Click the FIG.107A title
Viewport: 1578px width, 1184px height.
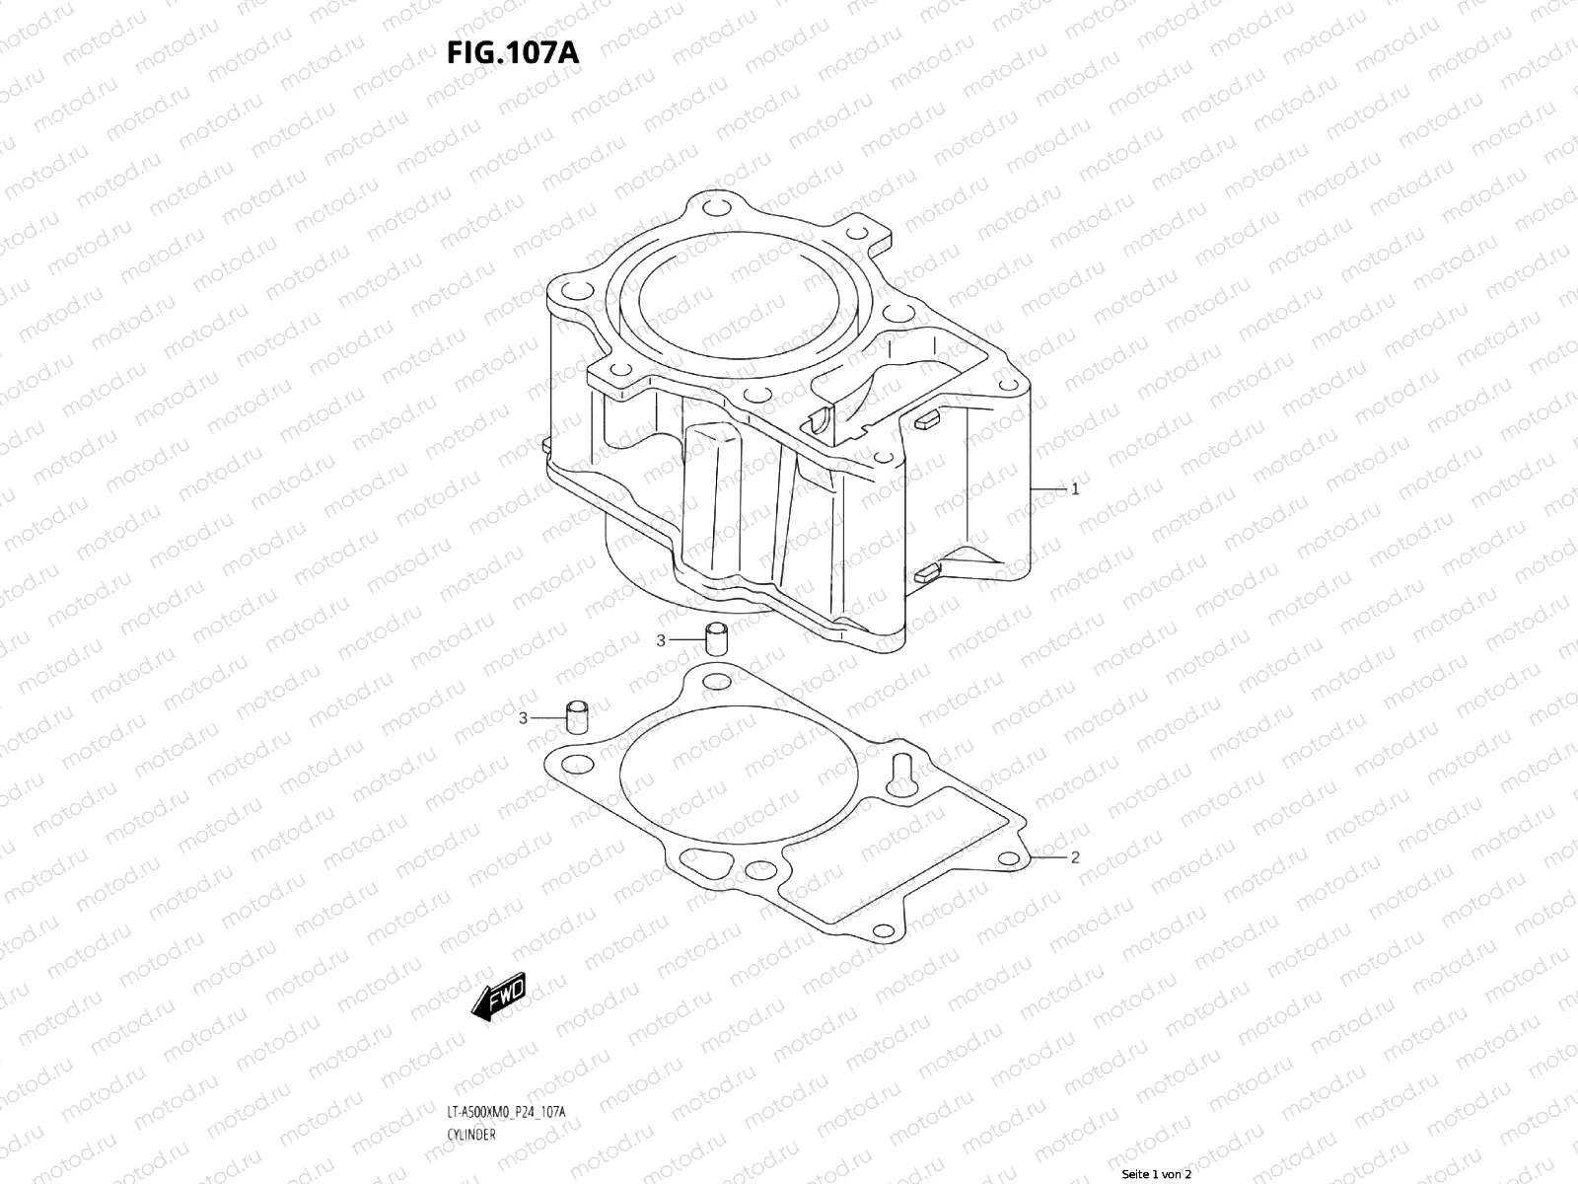513,52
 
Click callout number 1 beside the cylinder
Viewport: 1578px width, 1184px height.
1075,488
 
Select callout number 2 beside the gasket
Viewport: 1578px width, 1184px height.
1075,857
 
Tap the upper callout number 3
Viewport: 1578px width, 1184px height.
662,640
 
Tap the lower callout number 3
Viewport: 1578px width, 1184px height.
524,717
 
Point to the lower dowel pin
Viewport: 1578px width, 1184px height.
577,716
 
